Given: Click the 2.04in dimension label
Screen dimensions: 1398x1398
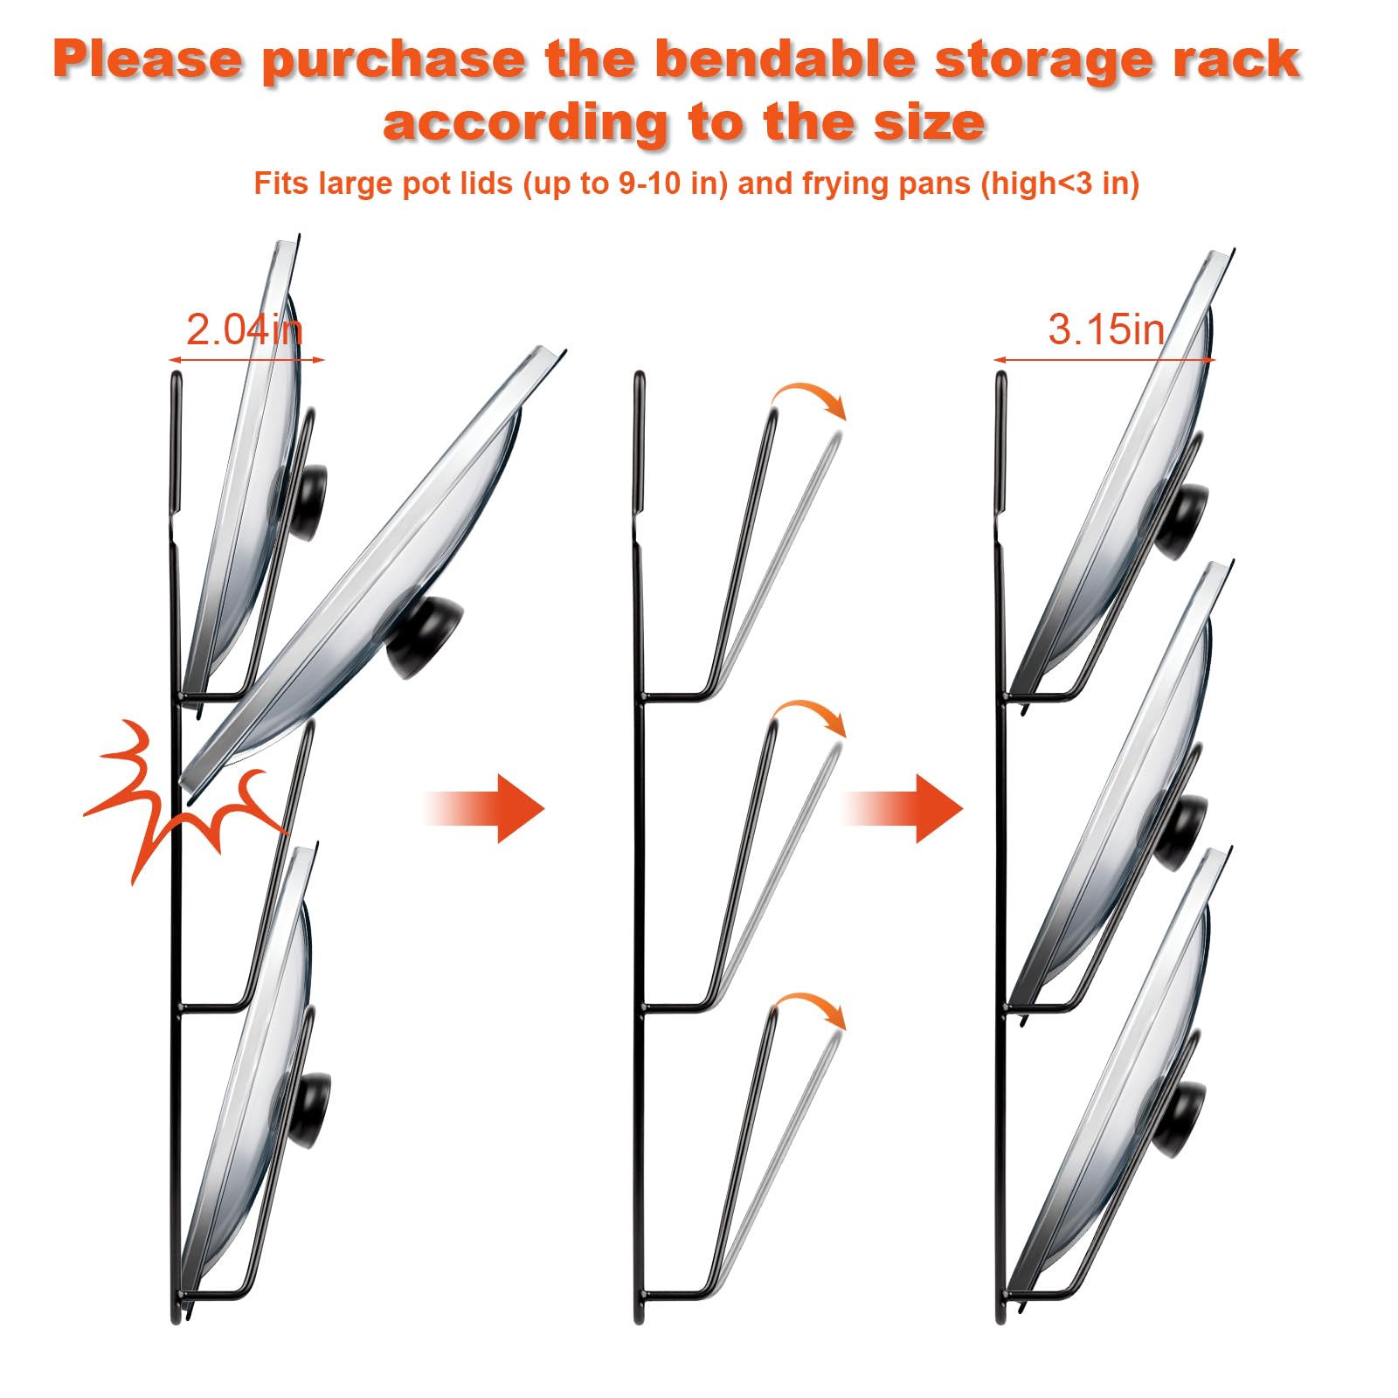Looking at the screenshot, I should pyautogui.click(x=244, y=330).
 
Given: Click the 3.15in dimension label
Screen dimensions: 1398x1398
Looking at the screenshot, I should pyautogui.click(x=1106, y=330).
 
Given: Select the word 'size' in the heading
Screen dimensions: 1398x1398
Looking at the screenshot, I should pyautogui.click(x=929, y=121).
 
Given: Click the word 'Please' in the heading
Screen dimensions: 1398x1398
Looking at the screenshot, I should pyautogui.click(x=148, y=59).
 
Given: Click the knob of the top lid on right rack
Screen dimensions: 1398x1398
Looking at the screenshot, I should pyautogui.click(x=1184, y=522).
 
